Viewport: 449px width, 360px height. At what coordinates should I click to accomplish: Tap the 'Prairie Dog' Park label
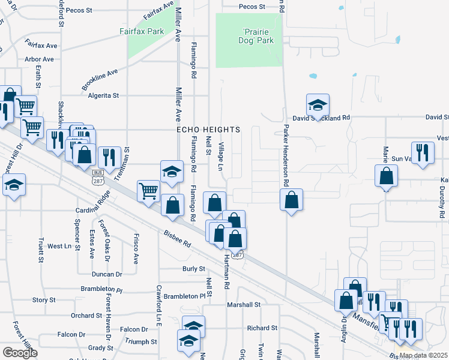coord(258,36)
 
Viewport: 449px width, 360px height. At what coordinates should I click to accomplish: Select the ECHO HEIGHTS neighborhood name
coord(208,130)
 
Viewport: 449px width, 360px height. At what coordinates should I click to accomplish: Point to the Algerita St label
coord(104,95)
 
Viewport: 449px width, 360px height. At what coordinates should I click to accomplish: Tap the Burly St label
coord(194,269)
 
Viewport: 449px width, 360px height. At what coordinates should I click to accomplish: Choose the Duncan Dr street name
coord(107,274)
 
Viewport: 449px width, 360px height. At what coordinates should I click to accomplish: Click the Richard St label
coord(262,328)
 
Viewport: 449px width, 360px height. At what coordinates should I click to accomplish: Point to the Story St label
coord(44,300)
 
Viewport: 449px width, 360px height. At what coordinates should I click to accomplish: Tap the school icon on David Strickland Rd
coord(318,104)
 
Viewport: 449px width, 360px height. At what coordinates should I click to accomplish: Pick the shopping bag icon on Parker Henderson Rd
coord(291,199)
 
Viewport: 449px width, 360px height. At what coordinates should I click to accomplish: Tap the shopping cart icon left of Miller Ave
coord(148,191)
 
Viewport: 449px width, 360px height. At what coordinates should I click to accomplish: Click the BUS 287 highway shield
coord(97,179)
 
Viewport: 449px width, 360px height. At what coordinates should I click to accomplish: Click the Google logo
coord(20,353)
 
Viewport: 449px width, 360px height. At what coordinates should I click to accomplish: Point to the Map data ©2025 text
coord(423,355)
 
